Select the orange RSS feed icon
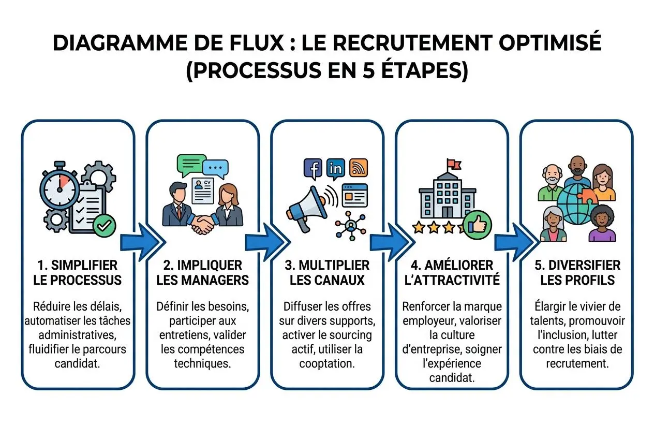[358, 168]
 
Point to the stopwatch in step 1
[60, 187]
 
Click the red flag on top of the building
[453, 164]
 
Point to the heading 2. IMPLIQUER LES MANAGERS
[202, 273]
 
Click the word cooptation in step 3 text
[327, 363]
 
